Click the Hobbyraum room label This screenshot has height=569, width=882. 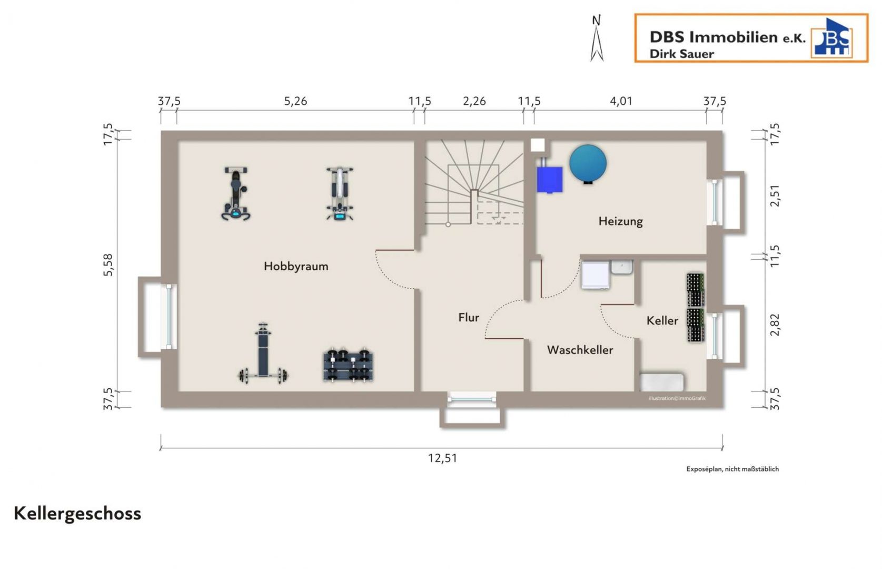click(296, 267)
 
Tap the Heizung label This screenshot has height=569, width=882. click(620, 221)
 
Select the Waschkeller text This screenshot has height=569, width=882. click(580, 350)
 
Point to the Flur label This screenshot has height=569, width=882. click(469, 318)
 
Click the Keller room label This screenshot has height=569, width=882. click(662, 321)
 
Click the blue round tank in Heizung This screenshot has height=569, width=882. click(588, 163)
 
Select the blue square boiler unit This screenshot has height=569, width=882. click(550, 180)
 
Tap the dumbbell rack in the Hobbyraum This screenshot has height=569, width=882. click(349, 365)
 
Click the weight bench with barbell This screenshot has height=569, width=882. click(263, 354)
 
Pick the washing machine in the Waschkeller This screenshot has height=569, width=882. click(596, 275)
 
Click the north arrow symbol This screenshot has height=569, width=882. click(597, 38)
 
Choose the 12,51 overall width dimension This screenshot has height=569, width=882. click(442, 458)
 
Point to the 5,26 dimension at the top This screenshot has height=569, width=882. click(295, 101)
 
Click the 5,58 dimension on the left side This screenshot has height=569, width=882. click(108, 265)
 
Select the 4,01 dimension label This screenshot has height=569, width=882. click(621, 101)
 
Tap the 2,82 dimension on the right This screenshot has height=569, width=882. click(775, 325)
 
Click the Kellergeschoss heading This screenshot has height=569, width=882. click(77, 514)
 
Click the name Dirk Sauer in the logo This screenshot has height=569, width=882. click(681, 54)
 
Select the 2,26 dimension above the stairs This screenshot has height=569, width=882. click(474, 101)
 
